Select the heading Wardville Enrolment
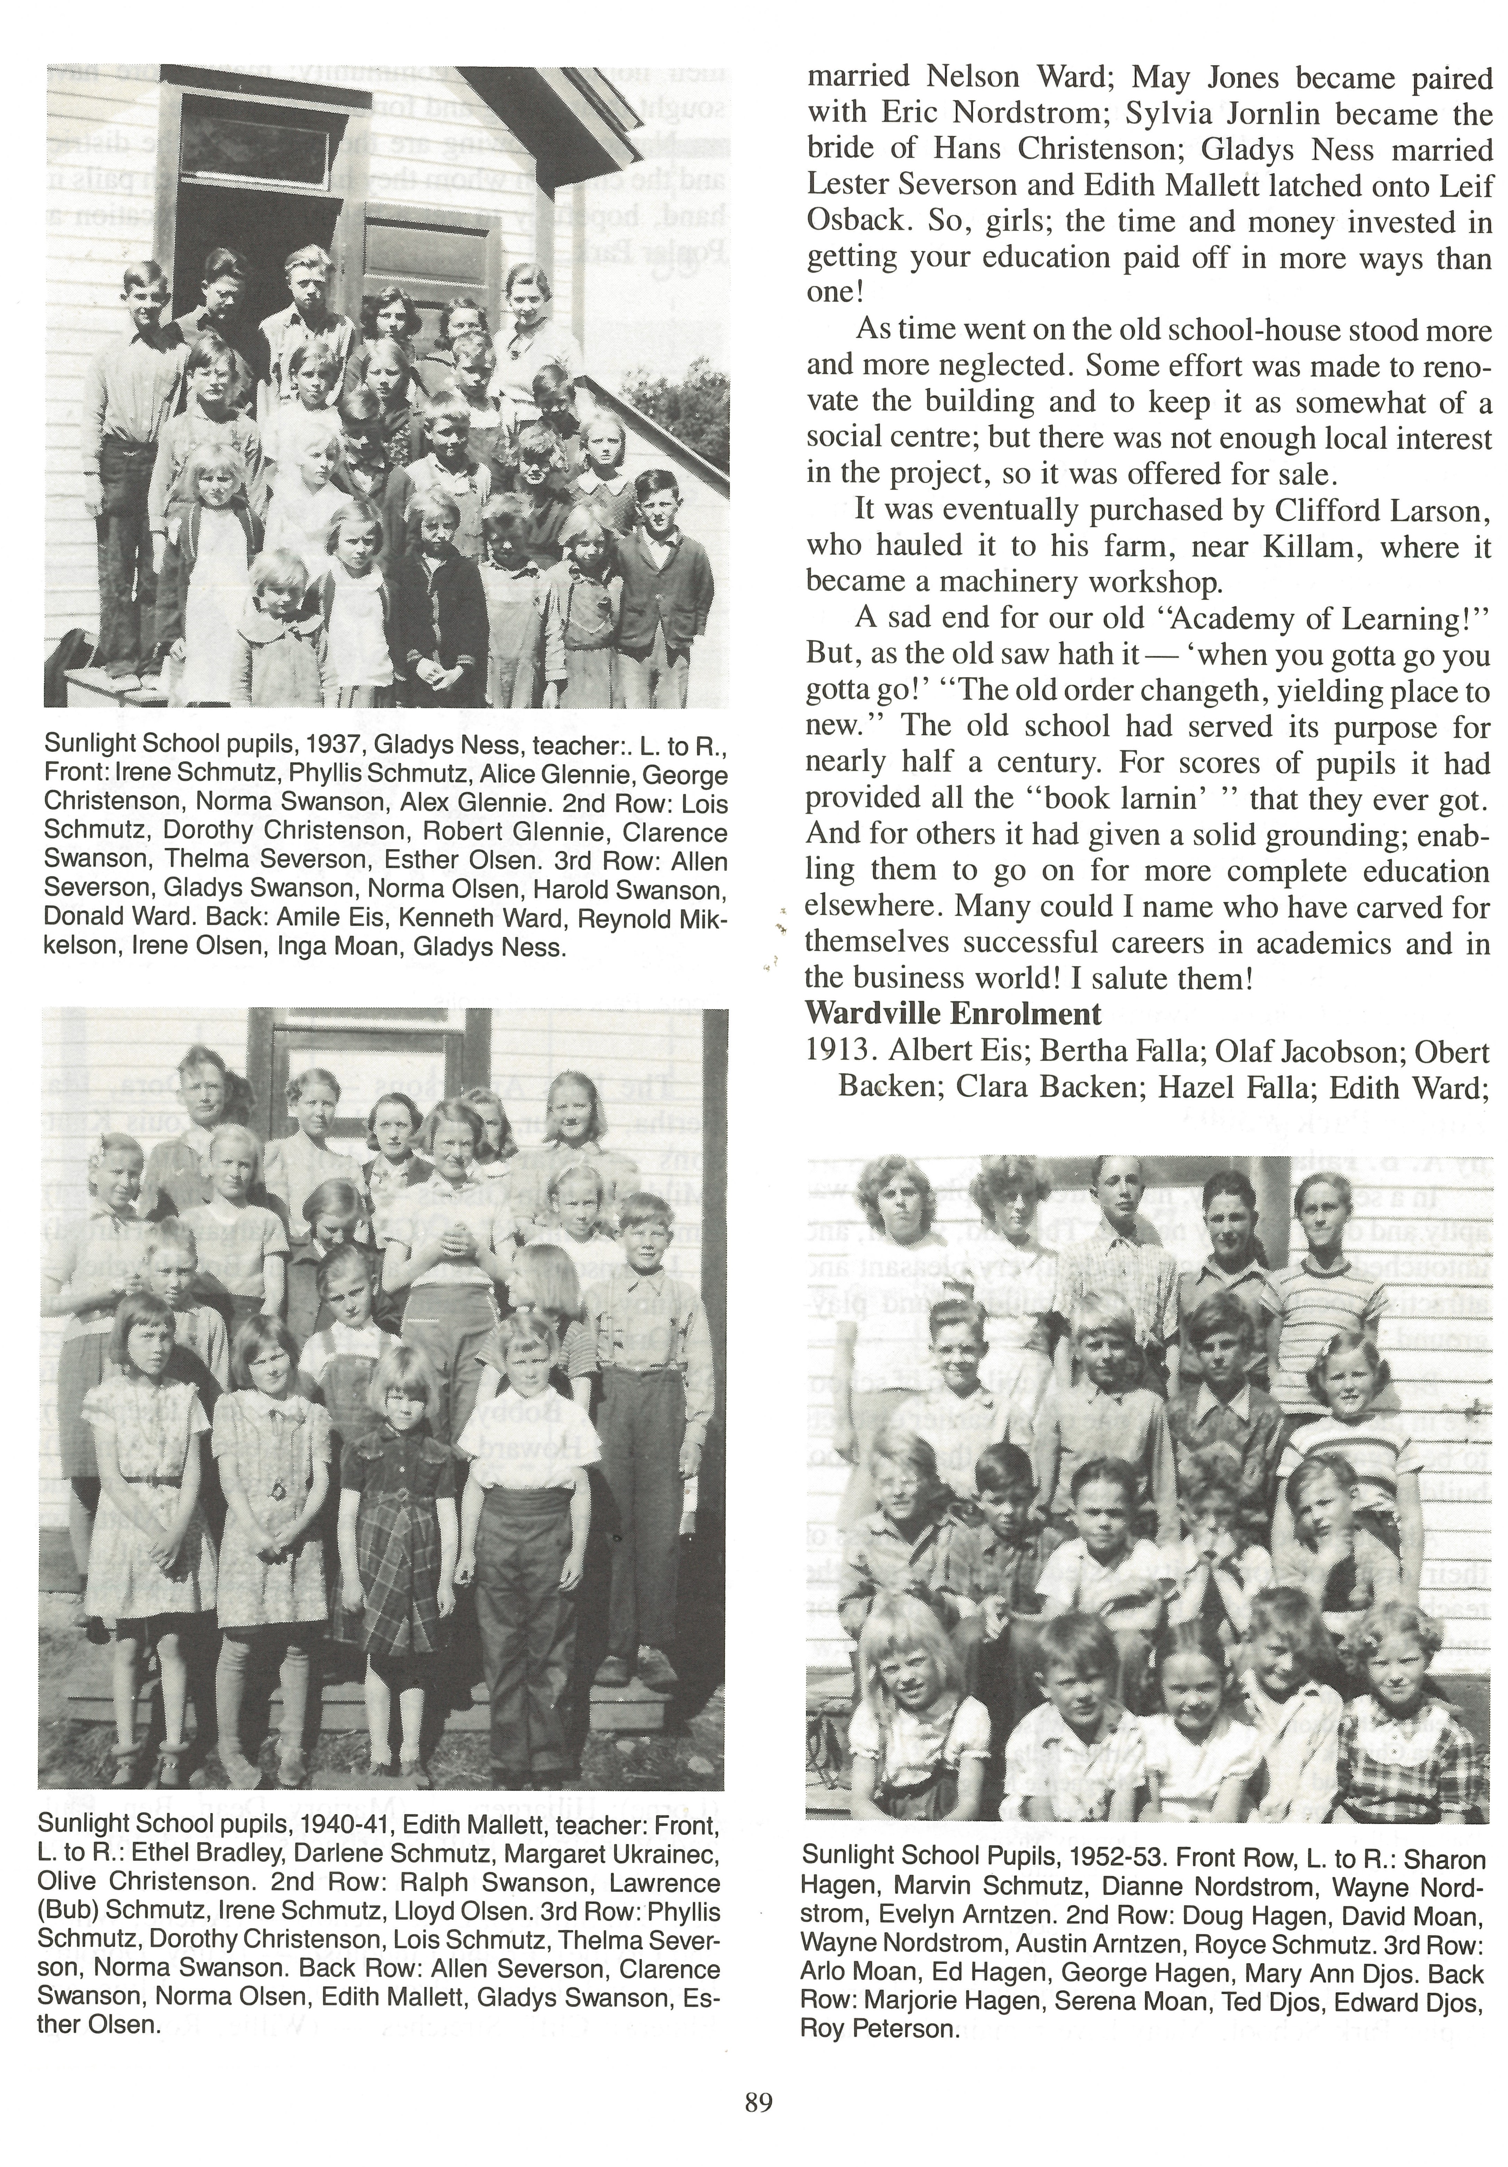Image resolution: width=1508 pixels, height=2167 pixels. (952, 1014)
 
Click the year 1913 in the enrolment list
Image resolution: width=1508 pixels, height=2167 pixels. (834, 1051)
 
